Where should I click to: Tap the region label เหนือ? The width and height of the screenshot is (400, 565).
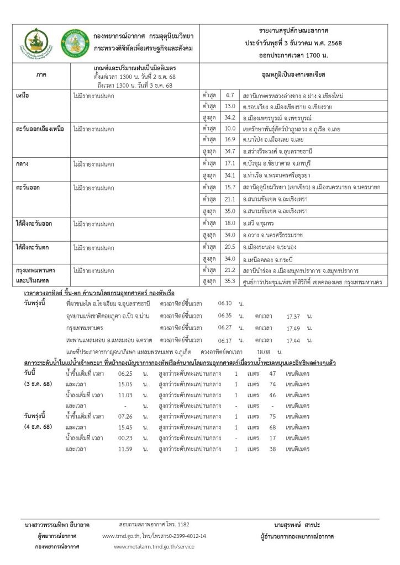(x=23, y=95)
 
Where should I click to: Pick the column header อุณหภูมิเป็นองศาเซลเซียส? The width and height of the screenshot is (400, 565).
(x=291, y=73)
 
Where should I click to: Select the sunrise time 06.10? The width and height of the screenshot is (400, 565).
(x=225, y=303)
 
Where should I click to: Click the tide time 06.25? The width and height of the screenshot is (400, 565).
(x=125, y=374)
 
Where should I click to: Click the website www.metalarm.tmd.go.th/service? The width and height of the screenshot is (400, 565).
(x=153, y=546)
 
